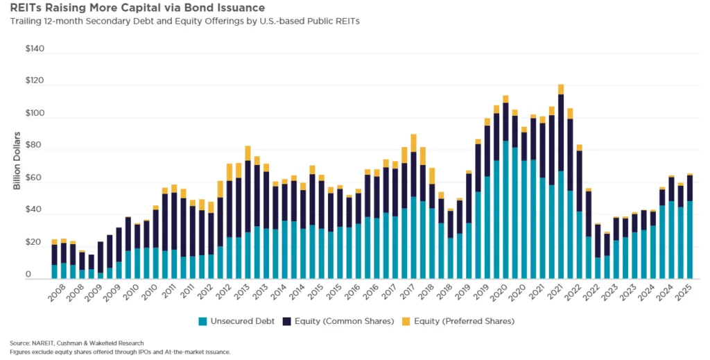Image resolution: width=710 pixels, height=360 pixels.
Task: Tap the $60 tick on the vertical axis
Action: [x=35, y=178]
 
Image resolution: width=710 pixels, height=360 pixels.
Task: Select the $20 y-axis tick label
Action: [x=35, y=243]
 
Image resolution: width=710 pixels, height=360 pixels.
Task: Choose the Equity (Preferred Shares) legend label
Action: [x=471, y=321]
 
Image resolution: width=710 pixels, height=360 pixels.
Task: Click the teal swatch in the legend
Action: [x=202, y=321]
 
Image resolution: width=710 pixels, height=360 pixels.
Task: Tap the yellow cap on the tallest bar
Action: [x=560, y=89]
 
